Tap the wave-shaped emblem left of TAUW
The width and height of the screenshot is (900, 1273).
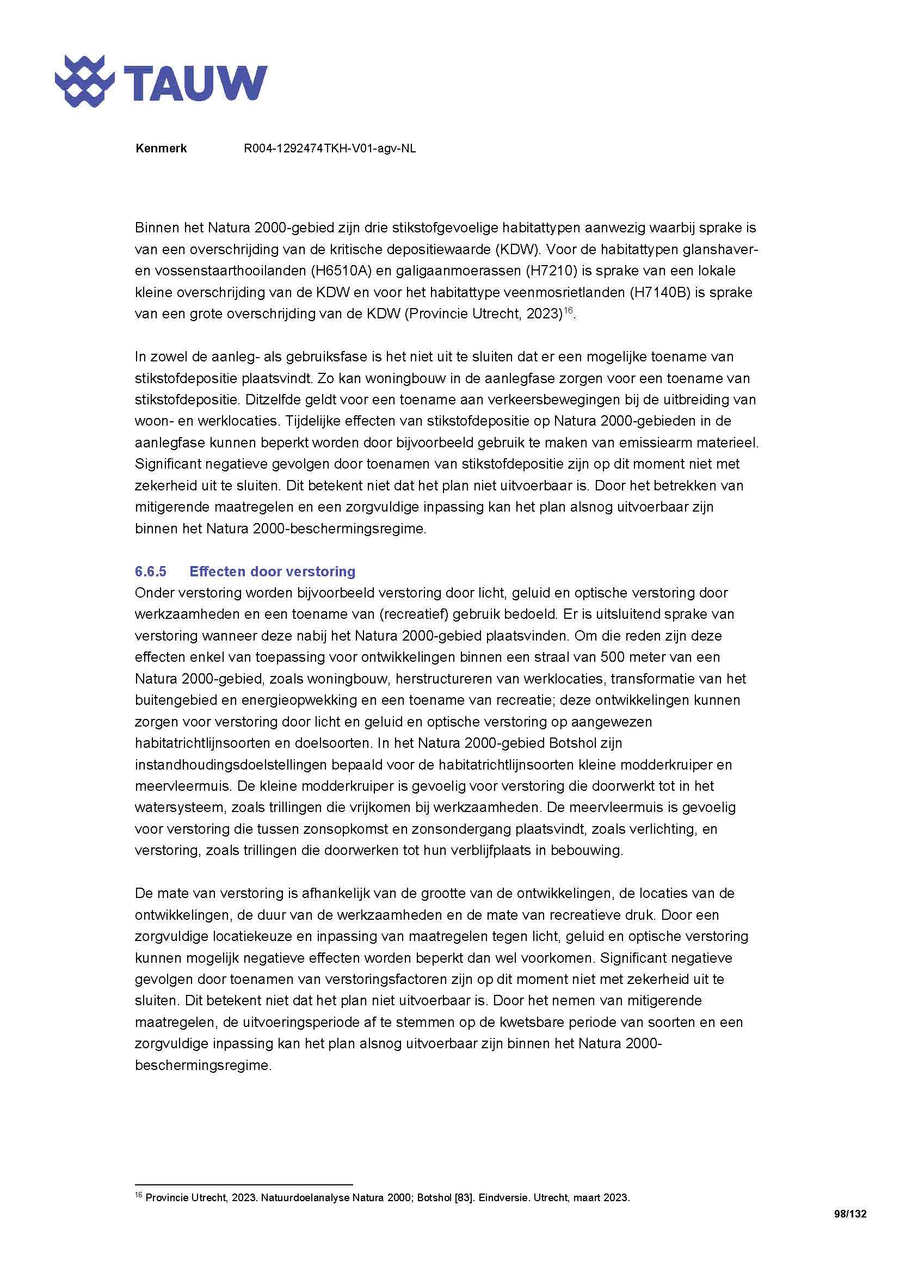pyautogui.click(x=85, y=82)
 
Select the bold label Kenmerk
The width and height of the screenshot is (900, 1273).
pyautogui.click(x=161, y=149)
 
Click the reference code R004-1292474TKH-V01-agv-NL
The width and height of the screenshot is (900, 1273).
pyautogui.click(x=329, y=149)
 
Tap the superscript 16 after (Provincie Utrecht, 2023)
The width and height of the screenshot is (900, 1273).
pyautogui.click(x=568, y=310)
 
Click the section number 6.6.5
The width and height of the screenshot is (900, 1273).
pyautogui.click(x=150, y=571)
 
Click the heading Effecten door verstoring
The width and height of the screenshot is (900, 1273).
pyautogui.click(x=272, y=571)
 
